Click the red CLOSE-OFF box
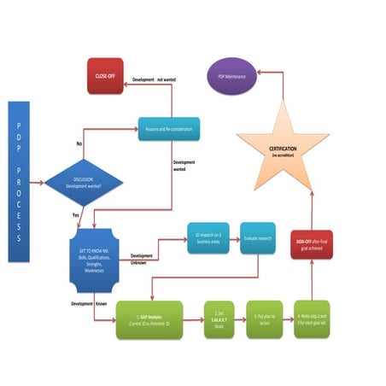106,74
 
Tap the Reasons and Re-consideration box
168,129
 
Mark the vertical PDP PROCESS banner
19,181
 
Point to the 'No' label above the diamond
79,143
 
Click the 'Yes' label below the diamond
76,215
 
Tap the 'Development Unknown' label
143,259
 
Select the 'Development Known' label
89,302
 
